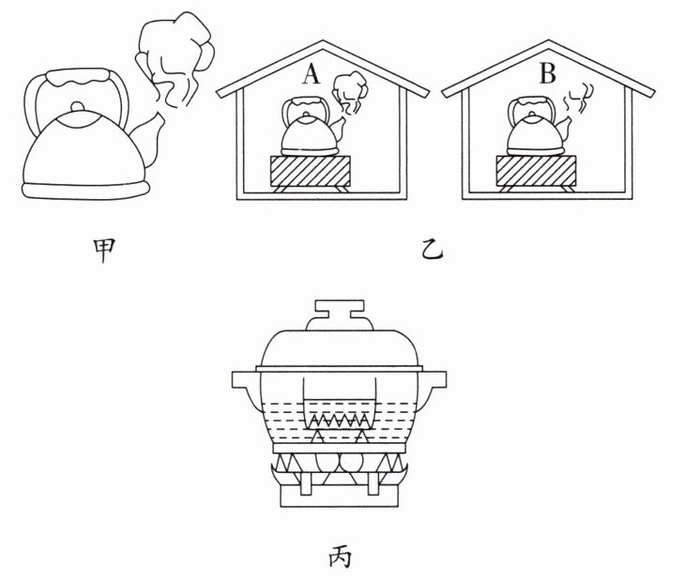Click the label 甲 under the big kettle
click(91, 250)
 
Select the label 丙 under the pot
click(338, 557)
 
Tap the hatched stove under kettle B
click(535, 173)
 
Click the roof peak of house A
click(321, 43)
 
